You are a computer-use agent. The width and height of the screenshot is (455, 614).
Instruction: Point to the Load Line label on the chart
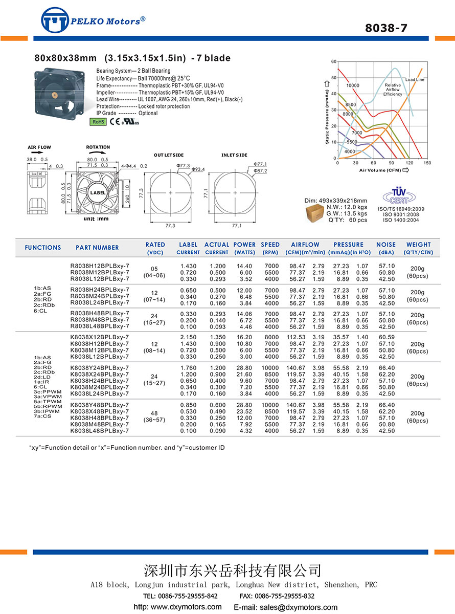click(415, 80)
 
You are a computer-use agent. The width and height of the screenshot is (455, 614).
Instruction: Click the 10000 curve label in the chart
click(353, 85)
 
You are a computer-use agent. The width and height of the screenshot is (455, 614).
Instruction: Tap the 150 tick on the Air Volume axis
click(427, 163)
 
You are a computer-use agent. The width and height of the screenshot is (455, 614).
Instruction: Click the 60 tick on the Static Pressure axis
click(333, 62)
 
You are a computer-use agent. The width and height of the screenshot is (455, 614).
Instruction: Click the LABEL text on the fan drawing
click(98, 193)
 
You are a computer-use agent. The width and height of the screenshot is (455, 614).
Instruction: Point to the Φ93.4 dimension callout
click(198, 169)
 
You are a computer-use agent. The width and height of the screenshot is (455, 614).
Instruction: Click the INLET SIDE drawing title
click(234, 155)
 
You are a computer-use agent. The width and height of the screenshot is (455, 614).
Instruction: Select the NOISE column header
click(386, 245)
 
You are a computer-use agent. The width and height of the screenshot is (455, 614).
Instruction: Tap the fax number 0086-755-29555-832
click(285, 596)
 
